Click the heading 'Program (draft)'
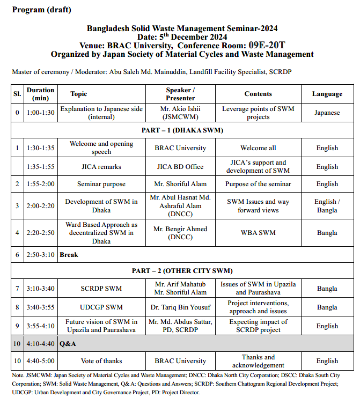coord(41,10)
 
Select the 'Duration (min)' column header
coord(41,94)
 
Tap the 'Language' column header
coord(327,94)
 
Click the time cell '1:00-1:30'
coord(41,113)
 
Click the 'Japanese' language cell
coord(327,113)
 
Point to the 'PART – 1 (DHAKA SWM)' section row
coord(182,130)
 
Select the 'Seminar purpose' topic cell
coord(101,184)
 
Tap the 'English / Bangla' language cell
coord(327,206)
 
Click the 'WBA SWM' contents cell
coord(258,233)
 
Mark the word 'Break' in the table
coord(69,255)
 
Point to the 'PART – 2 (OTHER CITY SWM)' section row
coord(182,271)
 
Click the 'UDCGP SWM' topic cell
coord(101,307)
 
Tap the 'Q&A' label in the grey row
coord(69,343)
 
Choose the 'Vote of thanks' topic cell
coord(101,361)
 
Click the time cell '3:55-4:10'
coord(41,326)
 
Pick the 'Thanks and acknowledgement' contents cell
coord(258,361)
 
